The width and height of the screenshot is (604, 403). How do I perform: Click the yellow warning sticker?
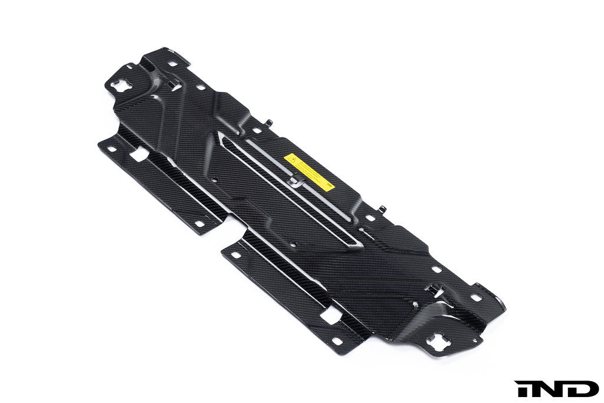[309, 172]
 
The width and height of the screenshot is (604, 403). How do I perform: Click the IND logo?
[556, 388]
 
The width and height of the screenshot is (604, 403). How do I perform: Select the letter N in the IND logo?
[546, 388]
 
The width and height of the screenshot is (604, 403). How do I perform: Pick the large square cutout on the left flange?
[139, 155]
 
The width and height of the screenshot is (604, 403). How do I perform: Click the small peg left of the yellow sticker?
[269, 123]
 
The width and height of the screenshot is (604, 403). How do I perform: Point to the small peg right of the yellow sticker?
[382, 209]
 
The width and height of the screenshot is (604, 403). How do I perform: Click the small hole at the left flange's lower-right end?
[199, 223]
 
